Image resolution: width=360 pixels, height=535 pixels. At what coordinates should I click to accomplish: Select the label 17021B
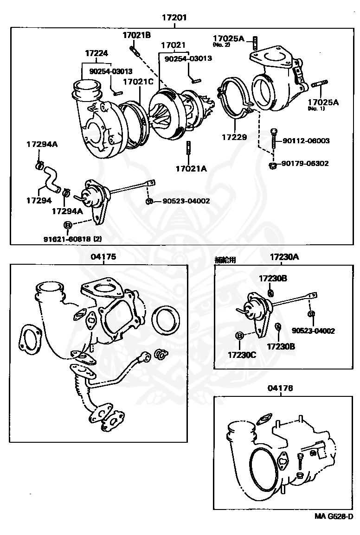click(x=136, y=35)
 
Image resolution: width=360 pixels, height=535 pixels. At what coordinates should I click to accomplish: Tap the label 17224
click(x=96, y=53)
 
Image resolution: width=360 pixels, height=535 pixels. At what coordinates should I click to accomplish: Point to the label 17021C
click(x=138, y=82)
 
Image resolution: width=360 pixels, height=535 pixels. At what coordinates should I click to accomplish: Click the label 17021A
click(x=191, y=169)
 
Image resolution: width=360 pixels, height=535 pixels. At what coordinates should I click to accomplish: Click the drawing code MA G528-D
click(x=333, y=516)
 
